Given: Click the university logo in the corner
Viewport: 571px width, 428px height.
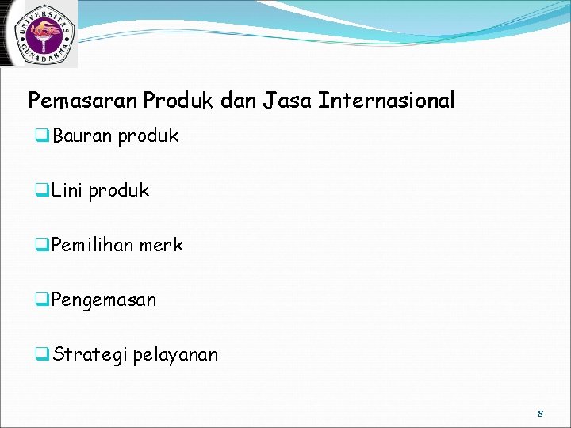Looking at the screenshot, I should [40, 33].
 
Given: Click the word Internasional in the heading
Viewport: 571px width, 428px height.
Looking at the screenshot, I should [386, 101].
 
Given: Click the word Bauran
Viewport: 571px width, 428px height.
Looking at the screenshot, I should [82, 136].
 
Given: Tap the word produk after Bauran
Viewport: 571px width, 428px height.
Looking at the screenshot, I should [148, 136].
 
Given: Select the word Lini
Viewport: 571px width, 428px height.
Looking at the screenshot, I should [67, 191].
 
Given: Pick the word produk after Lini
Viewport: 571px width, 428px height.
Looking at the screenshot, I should [118, 191].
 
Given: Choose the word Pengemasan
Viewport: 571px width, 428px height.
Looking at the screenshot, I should [104, 300].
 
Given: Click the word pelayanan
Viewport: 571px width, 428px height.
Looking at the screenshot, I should [175, 355].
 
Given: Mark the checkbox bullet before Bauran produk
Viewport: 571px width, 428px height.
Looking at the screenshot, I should [42, 136].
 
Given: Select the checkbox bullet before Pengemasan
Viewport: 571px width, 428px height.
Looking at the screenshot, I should [42, 300].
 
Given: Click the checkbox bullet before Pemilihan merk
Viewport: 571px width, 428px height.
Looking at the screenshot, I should [42, 246].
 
